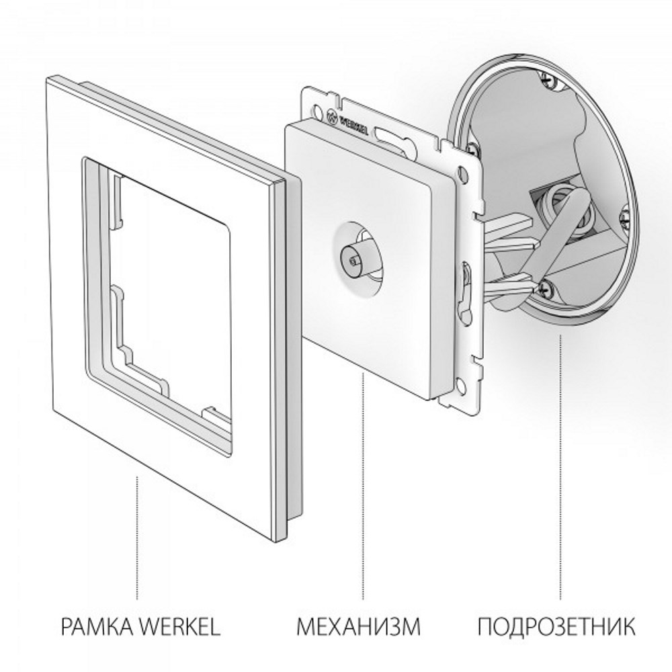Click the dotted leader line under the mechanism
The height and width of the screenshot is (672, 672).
[x=364, y=484]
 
